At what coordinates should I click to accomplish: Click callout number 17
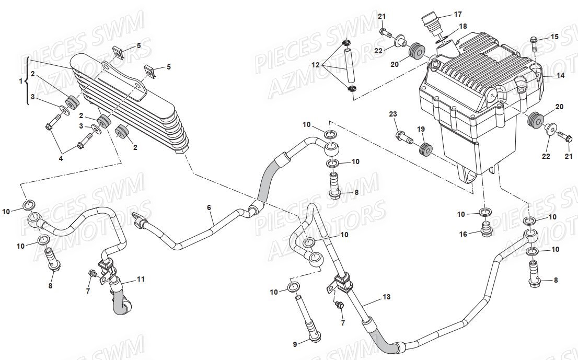(x=457, y=15)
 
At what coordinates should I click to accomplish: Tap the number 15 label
(x=554, y=37)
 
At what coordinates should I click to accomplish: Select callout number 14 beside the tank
(x=560, y=76)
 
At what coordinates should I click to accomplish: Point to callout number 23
(x=393, y=114)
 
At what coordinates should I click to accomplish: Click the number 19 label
(x=421, y=129)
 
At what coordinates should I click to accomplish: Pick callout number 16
(x=463, y=235)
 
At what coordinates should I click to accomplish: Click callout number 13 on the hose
(x=386, y=297)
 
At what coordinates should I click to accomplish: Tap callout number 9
(x=295, y=344)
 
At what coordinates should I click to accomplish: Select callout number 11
(x=141, y=279)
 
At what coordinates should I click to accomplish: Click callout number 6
(x=209, y=208)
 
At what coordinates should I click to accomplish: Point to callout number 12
(x=316, y=65)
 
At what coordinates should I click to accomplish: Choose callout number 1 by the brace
(x=21, y=81)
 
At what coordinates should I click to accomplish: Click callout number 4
(x=61, y=158)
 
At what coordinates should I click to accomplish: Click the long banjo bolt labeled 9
(x=308, y=317)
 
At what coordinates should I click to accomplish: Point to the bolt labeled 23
(x=403, y=137)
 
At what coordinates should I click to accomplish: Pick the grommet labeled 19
(x=426, y=149)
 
